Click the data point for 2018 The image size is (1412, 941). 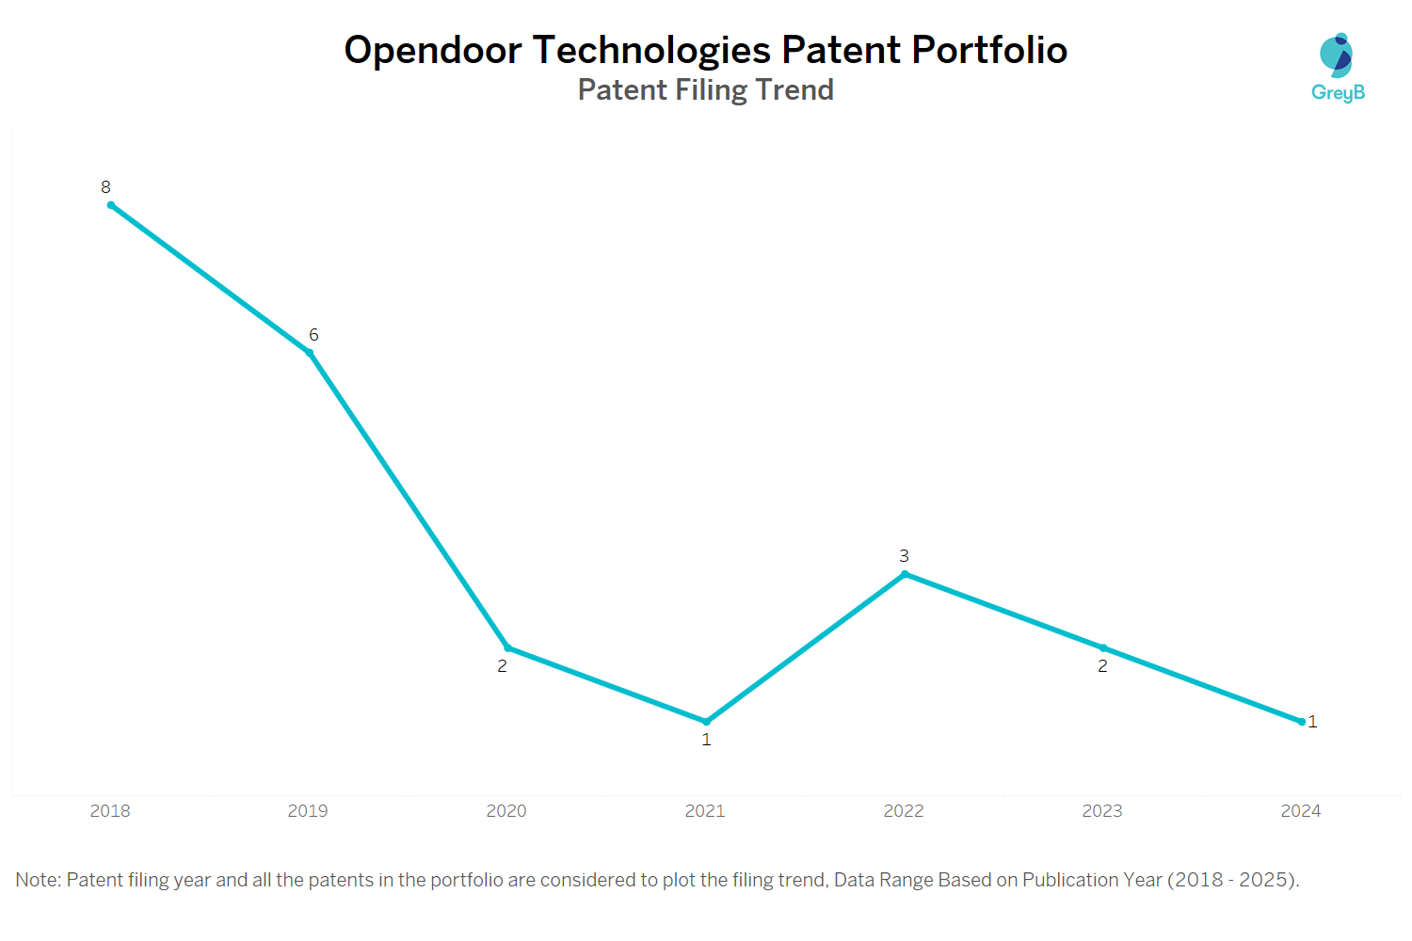[111, 205]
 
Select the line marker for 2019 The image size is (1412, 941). [310, 353]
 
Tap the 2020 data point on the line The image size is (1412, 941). [508, 647]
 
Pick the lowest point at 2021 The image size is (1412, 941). [707, 722]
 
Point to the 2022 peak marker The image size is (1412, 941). [905, 574]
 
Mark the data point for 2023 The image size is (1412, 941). [1103, 647]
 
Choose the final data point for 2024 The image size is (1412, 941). [1302, 722]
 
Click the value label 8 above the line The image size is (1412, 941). [105, 187]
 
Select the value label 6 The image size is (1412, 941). [313, 335]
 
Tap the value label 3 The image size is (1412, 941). [904, 556]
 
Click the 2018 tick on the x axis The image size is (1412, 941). [110, 811]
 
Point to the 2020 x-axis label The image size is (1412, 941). [506, 811]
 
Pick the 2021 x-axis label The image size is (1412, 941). [705, 811]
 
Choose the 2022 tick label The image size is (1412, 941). [904, 811]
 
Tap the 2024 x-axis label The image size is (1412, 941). [1301, 811]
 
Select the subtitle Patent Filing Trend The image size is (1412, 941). [705, 90]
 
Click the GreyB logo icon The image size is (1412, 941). [1337, 56]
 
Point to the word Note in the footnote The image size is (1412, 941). [38, 880]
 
